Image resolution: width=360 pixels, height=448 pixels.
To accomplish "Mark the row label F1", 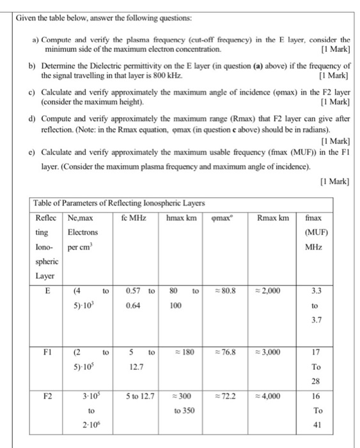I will [x=45, y=351].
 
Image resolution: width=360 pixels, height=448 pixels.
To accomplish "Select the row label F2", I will [x=45, y=396].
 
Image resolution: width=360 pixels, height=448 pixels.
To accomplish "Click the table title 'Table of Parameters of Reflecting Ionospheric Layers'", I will [x=118, y=203].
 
